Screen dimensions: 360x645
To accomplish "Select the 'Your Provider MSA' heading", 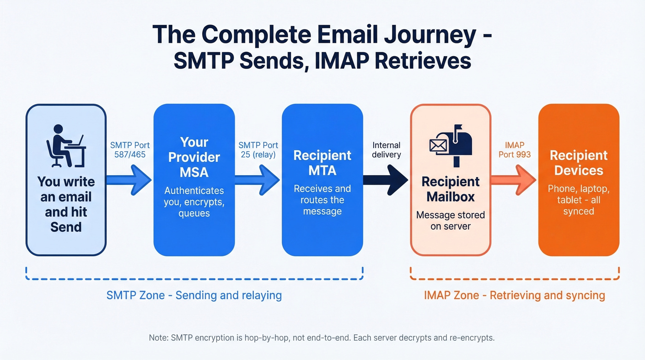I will coord(194,157).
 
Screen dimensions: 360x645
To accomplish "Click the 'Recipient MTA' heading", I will coord(322,163).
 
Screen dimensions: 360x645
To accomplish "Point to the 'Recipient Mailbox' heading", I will coord(450,189).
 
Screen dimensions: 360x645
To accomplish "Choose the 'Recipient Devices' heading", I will coord(579,163).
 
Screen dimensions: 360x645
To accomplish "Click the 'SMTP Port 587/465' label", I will coord(130,149).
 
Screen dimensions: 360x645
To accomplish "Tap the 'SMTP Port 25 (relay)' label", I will coord(258,149).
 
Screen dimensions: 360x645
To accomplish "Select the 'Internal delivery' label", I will coord(387,149).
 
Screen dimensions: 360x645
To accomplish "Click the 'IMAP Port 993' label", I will coord(515,149).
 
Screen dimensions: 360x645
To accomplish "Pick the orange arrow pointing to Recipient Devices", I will coord(514,180).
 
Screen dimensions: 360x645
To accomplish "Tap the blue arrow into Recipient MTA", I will coord(258,180).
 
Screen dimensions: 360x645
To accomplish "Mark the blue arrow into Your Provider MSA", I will coord(129,180).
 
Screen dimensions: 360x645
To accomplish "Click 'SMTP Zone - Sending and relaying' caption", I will coord(194,295).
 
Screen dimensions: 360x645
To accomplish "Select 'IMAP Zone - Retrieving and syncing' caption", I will coord(514,295).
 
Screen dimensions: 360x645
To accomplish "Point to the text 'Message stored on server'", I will coord(450,220).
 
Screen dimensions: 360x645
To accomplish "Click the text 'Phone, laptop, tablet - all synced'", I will coord(579,200).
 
